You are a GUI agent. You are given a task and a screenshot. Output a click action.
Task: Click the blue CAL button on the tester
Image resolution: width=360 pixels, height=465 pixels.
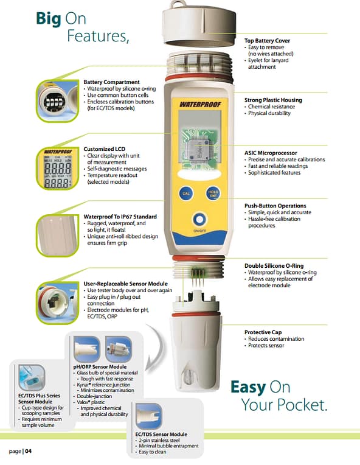[186, 194]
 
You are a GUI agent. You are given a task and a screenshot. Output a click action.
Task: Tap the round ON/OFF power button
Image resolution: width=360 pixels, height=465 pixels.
[199, 220]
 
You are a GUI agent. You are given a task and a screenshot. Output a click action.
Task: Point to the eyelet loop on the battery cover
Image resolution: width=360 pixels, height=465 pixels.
[179, 4]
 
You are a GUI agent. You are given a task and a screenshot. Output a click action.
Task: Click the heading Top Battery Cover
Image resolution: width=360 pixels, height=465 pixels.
[267, 41]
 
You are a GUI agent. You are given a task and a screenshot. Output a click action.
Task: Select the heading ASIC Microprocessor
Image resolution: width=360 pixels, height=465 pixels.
[271, 153]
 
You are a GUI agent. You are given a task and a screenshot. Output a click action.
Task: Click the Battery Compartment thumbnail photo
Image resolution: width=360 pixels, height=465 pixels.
[58, 101]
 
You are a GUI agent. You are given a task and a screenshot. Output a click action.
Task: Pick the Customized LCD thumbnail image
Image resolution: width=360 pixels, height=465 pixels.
[58, 169]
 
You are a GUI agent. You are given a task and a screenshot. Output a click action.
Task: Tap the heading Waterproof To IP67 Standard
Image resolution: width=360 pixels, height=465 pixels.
[120, 217]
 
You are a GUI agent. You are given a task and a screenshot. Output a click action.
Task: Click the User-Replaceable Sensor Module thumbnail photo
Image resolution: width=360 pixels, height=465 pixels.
[58, 302]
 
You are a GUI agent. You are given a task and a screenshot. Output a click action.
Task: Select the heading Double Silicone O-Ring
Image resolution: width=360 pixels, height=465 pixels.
[274, 266]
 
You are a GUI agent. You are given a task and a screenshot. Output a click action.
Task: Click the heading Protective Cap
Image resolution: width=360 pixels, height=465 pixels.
[263, 332]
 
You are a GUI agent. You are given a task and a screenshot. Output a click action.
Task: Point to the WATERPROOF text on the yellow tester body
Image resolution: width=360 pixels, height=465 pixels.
[200, 105]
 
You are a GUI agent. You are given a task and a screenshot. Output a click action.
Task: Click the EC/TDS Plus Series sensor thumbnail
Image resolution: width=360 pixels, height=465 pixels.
[32, 377]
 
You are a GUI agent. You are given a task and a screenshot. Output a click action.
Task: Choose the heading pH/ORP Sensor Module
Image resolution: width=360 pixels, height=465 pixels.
[100, 367]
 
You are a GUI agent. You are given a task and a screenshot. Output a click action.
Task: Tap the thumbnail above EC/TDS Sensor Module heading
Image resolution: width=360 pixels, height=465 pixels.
[149, 416]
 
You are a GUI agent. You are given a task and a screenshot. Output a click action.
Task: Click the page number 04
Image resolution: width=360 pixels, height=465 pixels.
[28, 452]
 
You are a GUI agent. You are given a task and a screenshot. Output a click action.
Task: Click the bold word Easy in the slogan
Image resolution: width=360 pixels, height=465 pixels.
[248, 388]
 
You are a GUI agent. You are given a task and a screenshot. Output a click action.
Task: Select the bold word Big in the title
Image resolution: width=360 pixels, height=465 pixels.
[48, 19]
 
